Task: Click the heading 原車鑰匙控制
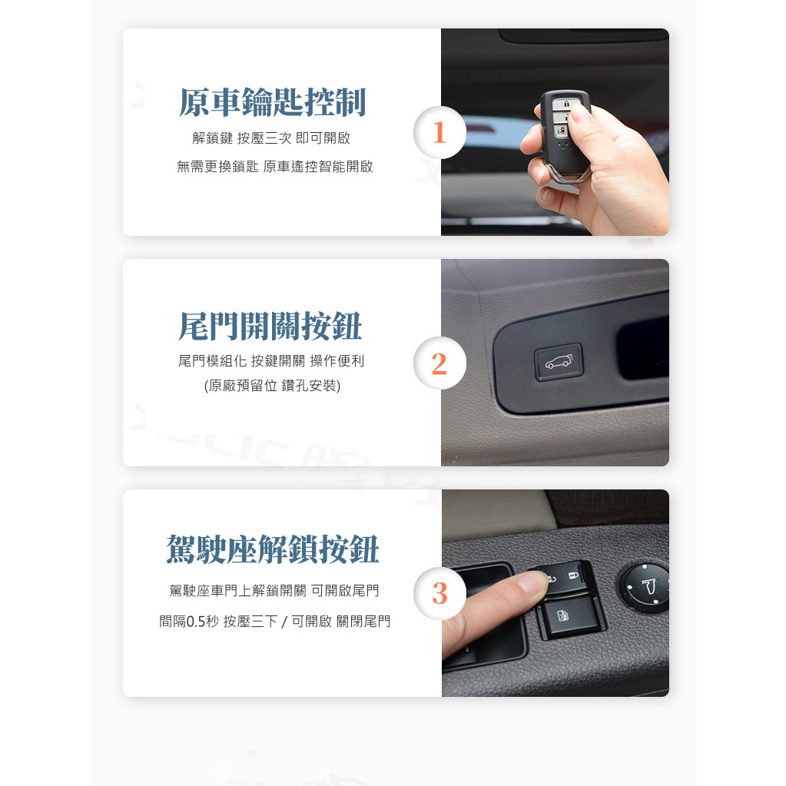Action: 272,102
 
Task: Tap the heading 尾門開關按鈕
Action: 270,326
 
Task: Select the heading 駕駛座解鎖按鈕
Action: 272,549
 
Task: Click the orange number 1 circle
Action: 439,132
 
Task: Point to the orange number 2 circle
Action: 439,363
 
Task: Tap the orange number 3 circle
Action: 439,593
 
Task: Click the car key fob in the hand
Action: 565,133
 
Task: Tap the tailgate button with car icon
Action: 559,361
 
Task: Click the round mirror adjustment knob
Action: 645,588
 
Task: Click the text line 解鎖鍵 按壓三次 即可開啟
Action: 271,138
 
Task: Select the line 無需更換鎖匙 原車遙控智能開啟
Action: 275,167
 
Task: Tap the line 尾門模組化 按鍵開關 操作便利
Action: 271,360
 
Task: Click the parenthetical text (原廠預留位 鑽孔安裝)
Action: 272,386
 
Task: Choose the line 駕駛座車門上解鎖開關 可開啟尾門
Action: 274,591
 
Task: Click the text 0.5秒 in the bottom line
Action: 203,622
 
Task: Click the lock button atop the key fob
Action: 566,103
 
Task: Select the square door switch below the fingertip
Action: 569,616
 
